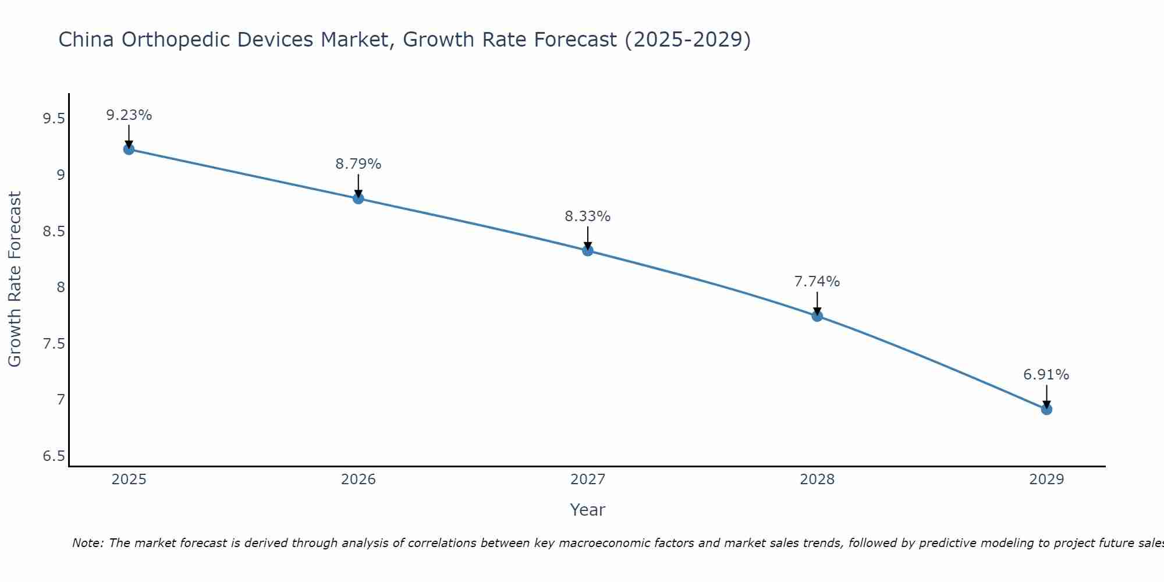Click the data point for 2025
129,150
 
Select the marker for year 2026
358,198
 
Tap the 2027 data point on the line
587,251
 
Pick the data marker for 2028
817,316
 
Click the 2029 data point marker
1046,409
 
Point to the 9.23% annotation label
129,115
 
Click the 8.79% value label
358,164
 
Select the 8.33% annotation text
587,217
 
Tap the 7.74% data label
817,282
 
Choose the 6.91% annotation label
1046,375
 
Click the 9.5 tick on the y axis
54,119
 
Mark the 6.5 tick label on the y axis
54,456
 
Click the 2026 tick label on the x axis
358,480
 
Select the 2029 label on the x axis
1046,480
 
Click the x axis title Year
587,510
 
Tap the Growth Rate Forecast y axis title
15,279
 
